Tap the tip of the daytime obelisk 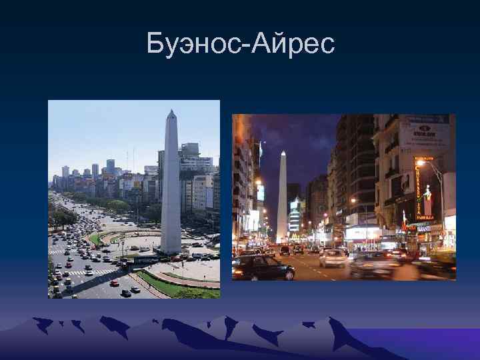(x=171, y=111)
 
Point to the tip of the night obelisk (x=283, y=153)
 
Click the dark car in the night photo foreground (x=263, y=267)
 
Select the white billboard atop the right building (x=425, y=135)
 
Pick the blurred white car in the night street (x=332, y=258)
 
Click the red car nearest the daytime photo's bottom (x=115, y=283)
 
